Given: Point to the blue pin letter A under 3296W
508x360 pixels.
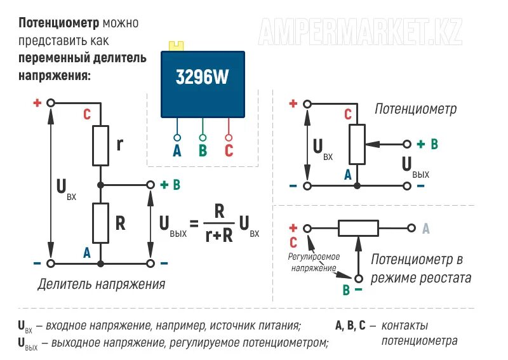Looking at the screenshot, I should [177, 151].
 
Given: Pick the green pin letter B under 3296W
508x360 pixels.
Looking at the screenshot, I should [203, 151].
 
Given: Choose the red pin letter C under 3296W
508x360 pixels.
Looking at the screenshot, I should [229, 151].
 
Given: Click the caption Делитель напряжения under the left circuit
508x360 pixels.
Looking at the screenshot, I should [102, 284].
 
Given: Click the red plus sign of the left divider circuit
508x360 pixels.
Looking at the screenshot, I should [37, 102].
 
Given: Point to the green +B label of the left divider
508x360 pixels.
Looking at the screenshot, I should [170, 185].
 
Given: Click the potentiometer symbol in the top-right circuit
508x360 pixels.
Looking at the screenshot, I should [358, 143].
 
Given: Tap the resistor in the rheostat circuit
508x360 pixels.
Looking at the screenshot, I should [358, 228].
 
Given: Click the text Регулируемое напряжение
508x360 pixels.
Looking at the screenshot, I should [314, 262].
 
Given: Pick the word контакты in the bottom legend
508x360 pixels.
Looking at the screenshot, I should [404, 326].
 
